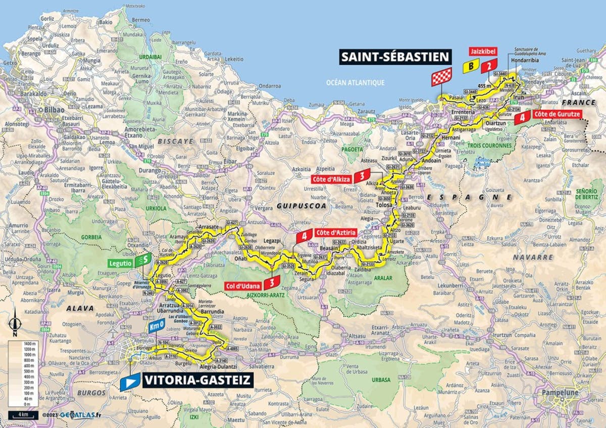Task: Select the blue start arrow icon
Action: [130, 382]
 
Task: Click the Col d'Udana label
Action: [246, 286]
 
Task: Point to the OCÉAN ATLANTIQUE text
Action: [355, 82]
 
